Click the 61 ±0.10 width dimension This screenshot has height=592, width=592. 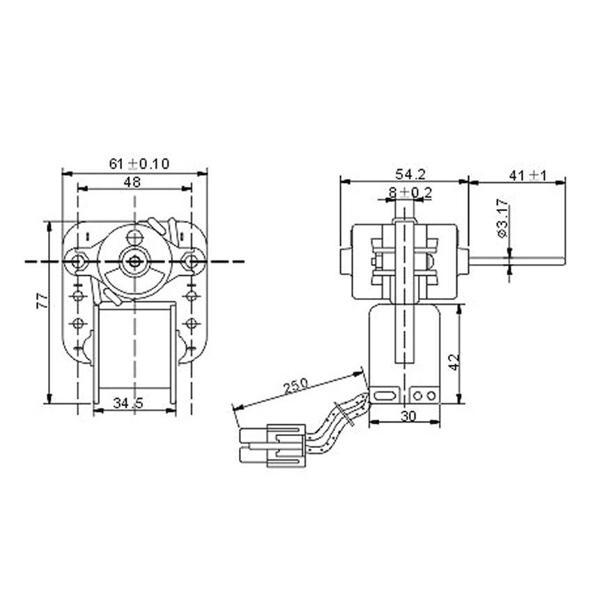(139, 164)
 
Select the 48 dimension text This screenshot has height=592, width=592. (133, 182)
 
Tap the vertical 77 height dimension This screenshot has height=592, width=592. (41, 301)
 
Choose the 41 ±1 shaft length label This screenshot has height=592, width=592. (529, 176)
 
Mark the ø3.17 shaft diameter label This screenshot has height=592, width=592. (503, 219)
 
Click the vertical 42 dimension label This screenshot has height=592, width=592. (453, 362)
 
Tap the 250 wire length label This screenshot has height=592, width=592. (299, 385)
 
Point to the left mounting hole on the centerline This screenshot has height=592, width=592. (77, 261)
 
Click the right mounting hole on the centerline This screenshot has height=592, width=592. (187, 261)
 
